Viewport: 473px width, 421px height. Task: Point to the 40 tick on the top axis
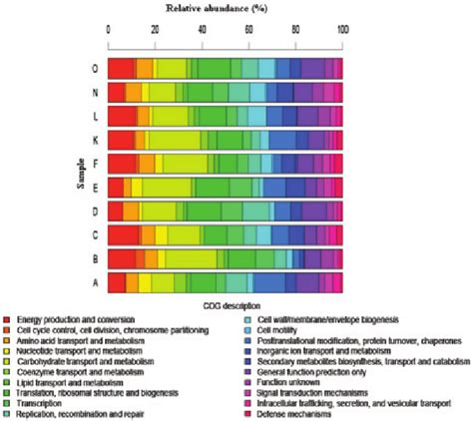tap(203, 30)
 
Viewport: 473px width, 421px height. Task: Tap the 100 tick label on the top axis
tap(343, 30)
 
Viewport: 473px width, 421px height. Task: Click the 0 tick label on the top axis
tap(109, 30)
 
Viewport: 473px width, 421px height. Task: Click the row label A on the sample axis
tap(93, 282)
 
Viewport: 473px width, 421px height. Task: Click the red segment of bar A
tap(116, 282)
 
